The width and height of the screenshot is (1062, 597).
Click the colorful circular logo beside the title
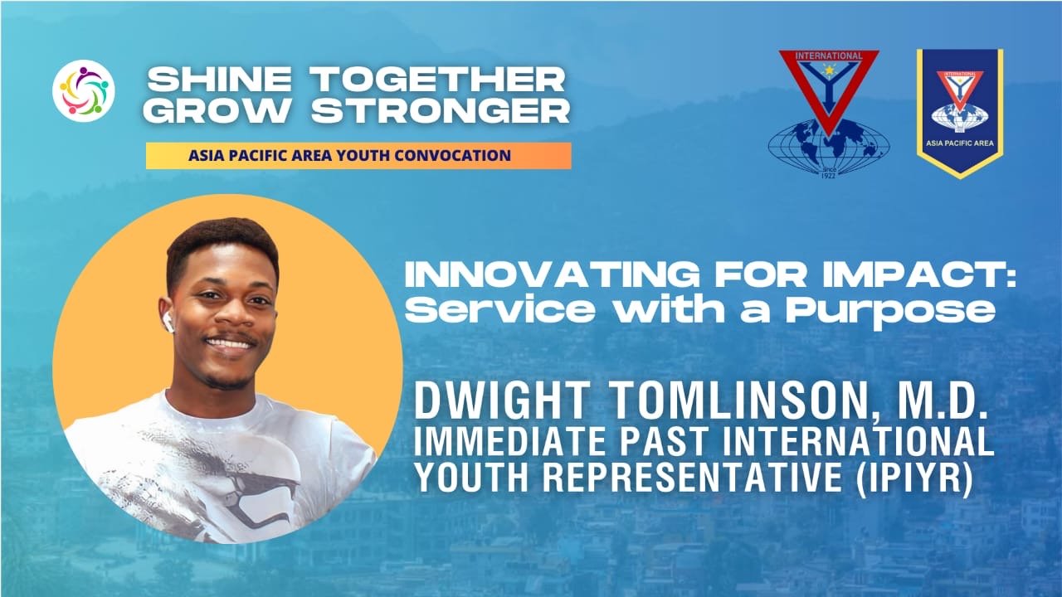pos(84,91)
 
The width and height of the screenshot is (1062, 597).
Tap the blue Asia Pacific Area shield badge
pos(960,112)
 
